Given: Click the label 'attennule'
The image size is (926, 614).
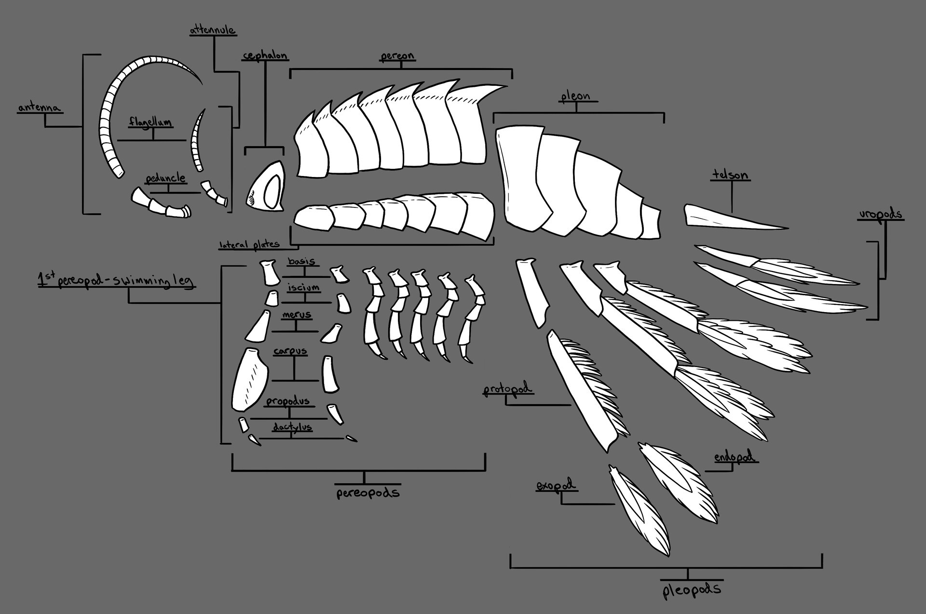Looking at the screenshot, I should (212, 30).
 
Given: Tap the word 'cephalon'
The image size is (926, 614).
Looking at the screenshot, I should (265, 56).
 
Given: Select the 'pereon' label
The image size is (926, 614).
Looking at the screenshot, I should (397, 56).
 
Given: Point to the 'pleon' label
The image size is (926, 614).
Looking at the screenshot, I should (575, 96).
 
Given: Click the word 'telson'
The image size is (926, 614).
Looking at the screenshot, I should (730, 175).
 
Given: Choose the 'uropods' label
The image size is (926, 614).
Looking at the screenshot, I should (880, 215).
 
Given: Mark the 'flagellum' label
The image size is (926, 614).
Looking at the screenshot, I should (150, 122).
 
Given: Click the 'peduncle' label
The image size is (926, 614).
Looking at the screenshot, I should (165, 178).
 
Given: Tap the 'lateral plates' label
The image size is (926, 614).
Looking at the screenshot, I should (249, 245).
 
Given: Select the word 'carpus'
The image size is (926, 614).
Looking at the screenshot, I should (290, 351).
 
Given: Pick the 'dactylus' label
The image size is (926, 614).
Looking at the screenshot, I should (292, 427).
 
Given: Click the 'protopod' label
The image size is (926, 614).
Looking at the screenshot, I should (508, 389).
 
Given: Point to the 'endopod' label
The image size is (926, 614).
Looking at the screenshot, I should (735, 457).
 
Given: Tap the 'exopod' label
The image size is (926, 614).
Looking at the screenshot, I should (556, 485).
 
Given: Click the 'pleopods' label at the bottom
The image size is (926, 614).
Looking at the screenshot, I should (692, 589).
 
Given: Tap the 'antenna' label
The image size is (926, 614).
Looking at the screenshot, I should (40, 107).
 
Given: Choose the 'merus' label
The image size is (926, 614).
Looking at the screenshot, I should (297, 315).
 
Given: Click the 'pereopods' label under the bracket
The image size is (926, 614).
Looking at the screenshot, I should (368, 493).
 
